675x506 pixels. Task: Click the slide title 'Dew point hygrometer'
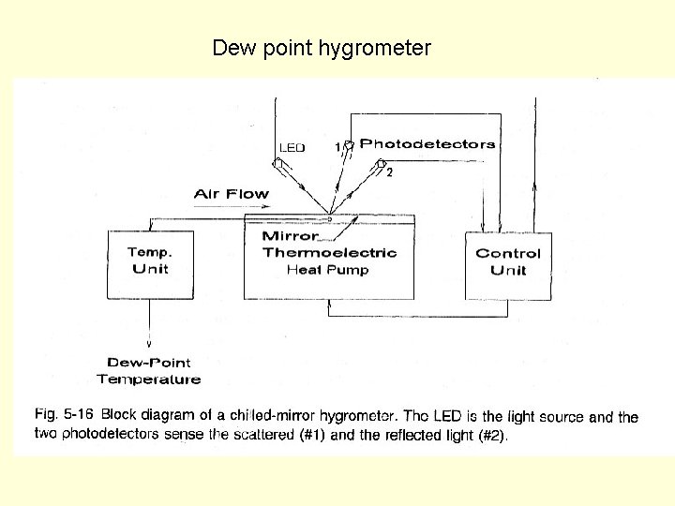322,48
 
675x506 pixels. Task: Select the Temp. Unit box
151,265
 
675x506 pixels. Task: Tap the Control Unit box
508,267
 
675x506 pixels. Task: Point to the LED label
292,148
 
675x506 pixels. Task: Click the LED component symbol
279,165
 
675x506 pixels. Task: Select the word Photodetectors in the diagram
427,144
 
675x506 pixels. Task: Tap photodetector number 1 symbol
349,145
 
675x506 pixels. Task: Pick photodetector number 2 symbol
382,165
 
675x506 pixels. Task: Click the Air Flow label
231,194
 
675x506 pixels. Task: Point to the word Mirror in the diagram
291,235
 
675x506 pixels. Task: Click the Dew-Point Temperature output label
149,371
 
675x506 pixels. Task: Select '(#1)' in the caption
315,435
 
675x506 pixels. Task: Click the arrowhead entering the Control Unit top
482,229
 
